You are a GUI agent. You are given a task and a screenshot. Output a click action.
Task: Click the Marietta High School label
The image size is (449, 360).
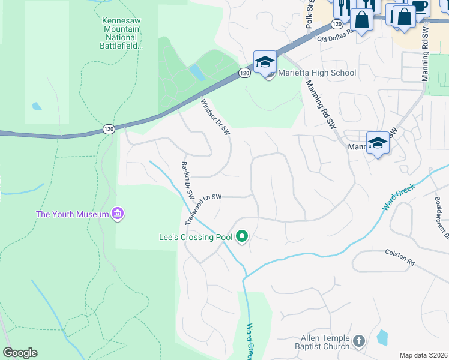pos(316,73)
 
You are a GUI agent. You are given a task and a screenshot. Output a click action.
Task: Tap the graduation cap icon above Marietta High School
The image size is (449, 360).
pos(265,62)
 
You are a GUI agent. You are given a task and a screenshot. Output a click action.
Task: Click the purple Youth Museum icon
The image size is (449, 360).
pos(118,214)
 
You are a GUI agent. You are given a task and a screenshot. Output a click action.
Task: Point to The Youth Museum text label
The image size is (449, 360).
pos(72,214)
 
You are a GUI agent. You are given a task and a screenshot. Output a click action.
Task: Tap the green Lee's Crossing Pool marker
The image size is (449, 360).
pos(242,237)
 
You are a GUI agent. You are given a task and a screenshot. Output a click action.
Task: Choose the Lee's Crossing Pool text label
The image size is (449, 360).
pos(195,237)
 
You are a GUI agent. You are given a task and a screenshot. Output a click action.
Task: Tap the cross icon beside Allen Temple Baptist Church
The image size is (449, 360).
pos(358,341)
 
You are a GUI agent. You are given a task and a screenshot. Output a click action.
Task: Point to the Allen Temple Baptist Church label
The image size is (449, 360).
pos(322,342)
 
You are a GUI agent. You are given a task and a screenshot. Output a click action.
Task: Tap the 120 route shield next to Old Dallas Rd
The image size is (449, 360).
pos(336,24)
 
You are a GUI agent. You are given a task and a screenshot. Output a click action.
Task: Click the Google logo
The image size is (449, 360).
pos(20,353)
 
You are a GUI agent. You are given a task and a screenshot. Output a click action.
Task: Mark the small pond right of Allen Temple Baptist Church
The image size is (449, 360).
pos(382,337)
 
